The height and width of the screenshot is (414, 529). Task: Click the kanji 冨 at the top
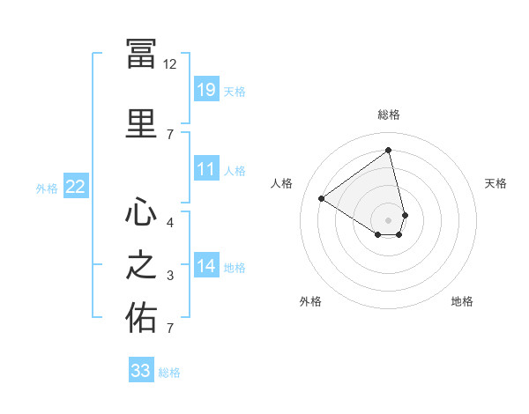pos(141,54)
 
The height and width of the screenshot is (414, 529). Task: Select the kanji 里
pos(141,123)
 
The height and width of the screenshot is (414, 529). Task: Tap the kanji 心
pos(141,211)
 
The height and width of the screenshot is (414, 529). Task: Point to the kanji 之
pos(141,264)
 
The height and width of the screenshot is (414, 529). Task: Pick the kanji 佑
pos(141,317)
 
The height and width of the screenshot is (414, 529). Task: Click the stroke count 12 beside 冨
pos(169,64)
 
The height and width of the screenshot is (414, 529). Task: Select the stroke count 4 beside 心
pos(170,223)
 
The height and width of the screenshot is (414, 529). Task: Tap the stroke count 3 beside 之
pos(170,276)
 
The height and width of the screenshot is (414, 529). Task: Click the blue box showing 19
pos(206,89)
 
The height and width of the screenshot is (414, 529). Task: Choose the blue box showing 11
pos(206,168)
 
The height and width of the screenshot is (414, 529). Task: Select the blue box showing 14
pos(206,264)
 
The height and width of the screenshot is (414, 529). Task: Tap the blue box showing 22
pos(76,186)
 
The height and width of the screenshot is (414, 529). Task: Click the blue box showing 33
pos(141,369)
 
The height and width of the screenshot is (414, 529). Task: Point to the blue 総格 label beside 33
pos(169,373)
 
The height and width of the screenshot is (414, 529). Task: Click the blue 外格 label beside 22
pos(47,189)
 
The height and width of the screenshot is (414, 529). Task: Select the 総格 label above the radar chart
pos(389,115)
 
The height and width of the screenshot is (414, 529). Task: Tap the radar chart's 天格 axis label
pos(495,183)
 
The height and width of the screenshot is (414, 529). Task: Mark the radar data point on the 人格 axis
pos(322,198)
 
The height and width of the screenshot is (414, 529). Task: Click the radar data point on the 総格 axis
pos(388,150)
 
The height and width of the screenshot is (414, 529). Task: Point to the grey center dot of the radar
pos(388,220)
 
